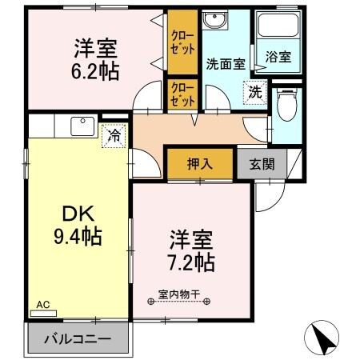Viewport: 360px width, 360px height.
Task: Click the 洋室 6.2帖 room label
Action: (98, 58)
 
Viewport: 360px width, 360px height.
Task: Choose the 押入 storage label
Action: (199, 164)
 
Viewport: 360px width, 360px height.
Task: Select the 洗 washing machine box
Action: (254, 91)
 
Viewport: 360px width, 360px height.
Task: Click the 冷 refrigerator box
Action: (115, 136)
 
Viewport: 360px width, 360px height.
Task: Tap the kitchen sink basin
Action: (82, 126)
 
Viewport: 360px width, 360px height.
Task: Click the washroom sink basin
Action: (214, 21)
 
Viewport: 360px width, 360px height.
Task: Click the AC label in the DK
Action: (43, 304)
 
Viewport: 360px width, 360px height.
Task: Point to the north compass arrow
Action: (323, 338)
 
